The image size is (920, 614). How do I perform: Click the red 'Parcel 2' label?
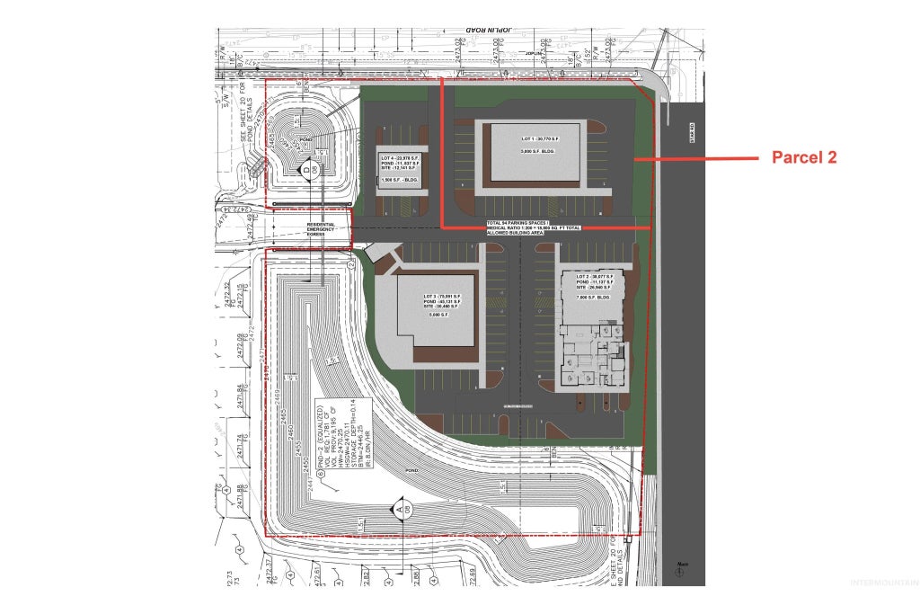tap(804, 157)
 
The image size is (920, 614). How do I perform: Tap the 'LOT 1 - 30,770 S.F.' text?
tap(536, 139)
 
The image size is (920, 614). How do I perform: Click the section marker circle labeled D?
tap(306, 169)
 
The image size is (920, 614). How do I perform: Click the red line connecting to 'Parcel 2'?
tap(696, 159)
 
